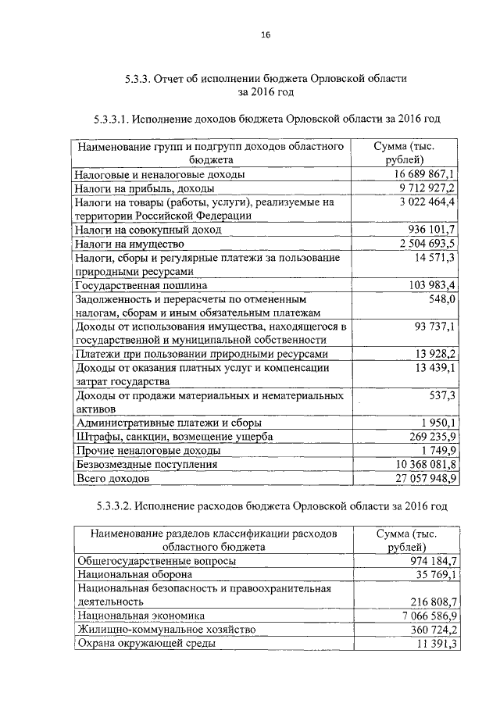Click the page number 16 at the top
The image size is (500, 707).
point(266,35)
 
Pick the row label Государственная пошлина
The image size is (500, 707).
point(130,284)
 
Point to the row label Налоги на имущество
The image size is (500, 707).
point(129,244)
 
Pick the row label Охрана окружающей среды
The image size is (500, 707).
point(146,644)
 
